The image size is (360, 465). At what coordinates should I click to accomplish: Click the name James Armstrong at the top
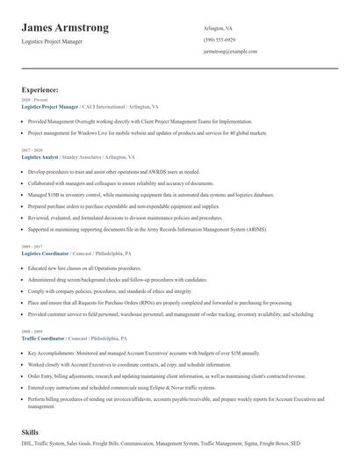[x=65, y=28]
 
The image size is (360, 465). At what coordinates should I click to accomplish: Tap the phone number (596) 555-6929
[x=219, y=40]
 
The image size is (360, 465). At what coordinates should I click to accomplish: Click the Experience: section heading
[x=40, y=89]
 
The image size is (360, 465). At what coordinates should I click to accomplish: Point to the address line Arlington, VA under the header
[x=219, y=28]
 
